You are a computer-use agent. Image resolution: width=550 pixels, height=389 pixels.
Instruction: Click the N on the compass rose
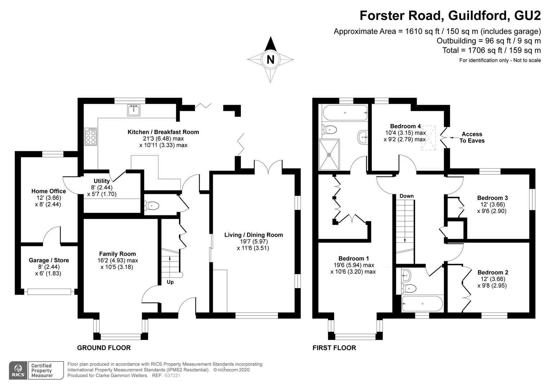pyautogui.click(x=270, y=59)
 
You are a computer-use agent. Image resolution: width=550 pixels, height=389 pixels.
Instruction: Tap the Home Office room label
pyautogui.click(x=49, y=191)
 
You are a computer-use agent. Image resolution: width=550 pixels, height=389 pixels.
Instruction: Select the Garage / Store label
pyautogui.click(x=49, y=260)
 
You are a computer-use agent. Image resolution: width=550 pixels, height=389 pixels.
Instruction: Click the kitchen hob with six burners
pyautogui.click(x=91, y=137)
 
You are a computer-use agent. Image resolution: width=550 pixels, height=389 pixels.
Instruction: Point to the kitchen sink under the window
pyautogui.click(x=134, y=110)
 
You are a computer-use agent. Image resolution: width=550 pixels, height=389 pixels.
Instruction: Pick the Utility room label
pyautogui.click(x=102, y=181)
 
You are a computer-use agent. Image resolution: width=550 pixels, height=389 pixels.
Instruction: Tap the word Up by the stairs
pyautogui.click(x=170, y=282)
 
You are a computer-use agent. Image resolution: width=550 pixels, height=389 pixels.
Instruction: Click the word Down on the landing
pyautogui.click(x=406, y=196)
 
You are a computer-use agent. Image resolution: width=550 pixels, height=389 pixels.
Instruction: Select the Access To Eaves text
pyautogui.click(x=472, y=137)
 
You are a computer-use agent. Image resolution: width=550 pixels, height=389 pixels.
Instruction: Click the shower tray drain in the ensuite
pyautogui.click(x=329, y=155)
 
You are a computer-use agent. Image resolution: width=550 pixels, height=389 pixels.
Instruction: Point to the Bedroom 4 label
pyautogui.click(x=405, y=126)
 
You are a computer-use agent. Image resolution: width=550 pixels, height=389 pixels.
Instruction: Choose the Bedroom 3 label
pyautogui.click(x=492, y=198)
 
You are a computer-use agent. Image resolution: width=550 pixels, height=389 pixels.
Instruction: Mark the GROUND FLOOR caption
pyautogui.click(x=104, y=348)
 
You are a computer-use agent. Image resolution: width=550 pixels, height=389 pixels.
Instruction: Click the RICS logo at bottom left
pyautogui.click(x=18, y=370)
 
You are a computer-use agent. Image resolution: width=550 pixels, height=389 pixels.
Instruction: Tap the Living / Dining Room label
pyautogui.click(x=253, y=235)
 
